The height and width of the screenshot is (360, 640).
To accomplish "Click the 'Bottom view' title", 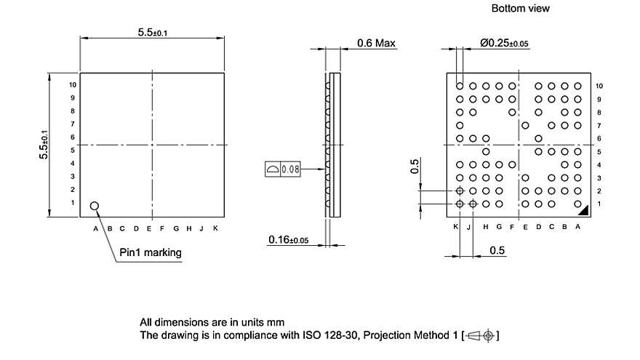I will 521,9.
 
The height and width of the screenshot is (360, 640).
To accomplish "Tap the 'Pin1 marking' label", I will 151,252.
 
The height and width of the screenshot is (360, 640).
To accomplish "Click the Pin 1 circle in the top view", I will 95,206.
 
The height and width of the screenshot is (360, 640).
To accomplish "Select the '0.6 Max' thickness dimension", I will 376,43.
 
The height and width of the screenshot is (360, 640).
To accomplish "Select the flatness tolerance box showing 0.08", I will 283,169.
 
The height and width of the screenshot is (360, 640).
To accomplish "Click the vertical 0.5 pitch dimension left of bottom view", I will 415,167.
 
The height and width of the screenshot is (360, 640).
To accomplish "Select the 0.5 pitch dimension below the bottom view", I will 497,251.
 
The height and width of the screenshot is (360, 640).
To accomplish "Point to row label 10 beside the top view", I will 72,84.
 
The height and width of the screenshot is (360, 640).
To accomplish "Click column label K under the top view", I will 215,228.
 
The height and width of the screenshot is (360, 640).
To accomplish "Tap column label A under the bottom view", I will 578,227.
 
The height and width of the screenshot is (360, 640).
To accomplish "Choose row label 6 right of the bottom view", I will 599,138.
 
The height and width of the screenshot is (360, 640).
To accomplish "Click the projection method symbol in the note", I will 481,335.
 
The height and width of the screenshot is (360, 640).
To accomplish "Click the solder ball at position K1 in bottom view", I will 460,204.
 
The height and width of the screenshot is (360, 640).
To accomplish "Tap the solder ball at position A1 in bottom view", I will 577,204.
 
